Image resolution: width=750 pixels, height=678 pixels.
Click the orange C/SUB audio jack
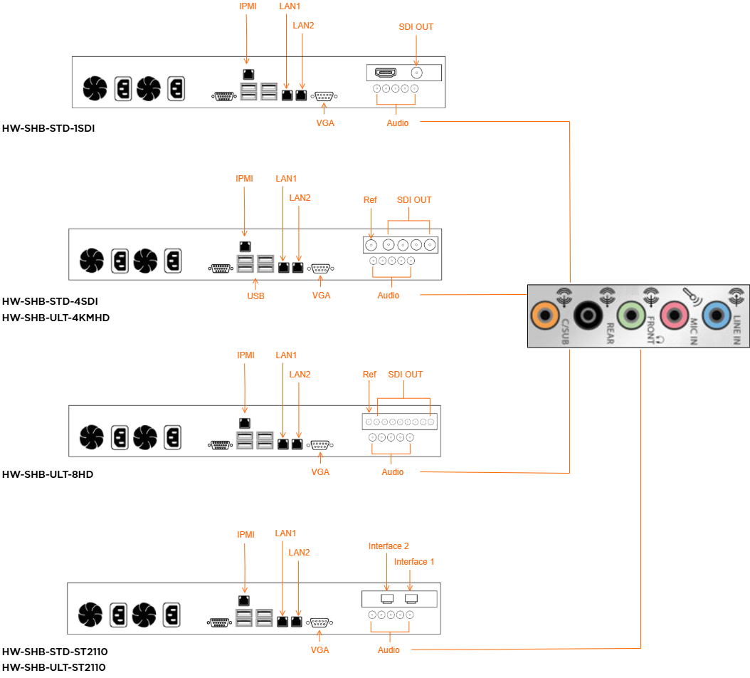pyautogui.click(x=546, y=314)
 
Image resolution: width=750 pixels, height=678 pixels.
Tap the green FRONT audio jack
pyautogui.click(x=631, y=314)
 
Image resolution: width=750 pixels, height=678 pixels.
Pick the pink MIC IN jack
pyautogui.click(x=674, y=314)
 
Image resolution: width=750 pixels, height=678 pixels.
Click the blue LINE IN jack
pyautogui.click(x=717, y=314)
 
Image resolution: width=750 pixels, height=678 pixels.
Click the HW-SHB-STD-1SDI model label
pyautogui.click(x=48, y=129)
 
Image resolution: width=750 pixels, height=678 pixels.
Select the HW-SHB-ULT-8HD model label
pyautogui.click(x=48, y=474)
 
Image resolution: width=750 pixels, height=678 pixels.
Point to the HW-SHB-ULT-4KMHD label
pyautogui.click(x=56, y=318)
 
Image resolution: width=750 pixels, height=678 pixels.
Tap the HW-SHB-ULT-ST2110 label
pyautogui.click(x=54, y=667)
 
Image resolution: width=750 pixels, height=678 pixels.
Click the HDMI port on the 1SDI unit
pyautogui.click(x=386, y=73)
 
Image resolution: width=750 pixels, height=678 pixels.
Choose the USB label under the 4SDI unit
pyautogui.click(x=255, y=296)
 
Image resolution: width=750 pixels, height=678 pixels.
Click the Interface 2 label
pyautogui.click(x=389, y=546)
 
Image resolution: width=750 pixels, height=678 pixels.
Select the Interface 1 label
pyautogui.click(x=414, y=562)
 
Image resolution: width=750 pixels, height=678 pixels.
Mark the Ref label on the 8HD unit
pyautogui.click(x=369, y=375)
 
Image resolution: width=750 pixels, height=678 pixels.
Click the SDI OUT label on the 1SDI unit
pyautogui.click(x=416, y=27)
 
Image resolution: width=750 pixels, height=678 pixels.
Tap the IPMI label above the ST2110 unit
pyautogui.click(x=246, y=534)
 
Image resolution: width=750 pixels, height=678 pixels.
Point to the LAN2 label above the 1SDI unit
pyautogui.click(x=304, y=26)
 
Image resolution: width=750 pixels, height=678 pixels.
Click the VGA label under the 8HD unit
pyautogui.click(x=321, y=472)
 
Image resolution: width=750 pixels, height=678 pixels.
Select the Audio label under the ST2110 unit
pyautogui.click(x=389, y=650)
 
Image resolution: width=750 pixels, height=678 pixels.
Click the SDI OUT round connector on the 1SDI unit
pyautogui.click(x=416, y=73)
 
